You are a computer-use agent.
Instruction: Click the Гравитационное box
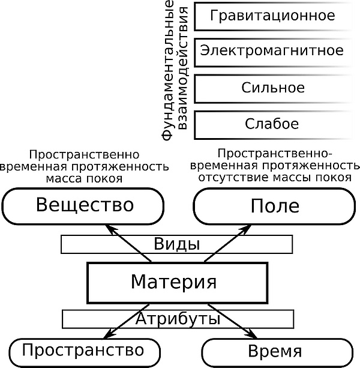[x=273, y=16]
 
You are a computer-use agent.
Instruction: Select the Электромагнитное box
[x=273, y=51]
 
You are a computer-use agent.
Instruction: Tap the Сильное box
[x=273, y=88]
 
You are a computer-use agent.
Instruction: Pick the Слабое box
[x=273, y=124]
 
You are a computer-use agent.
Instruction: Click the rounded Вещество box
[x=84, y=206]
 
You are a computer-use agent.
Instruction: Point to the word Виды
[x=176, y=244]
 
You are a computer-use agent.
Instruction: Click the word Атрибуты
[x=178, y=318]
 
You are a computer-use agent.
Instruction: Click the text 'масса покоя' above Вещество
[x=84, y=178]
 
